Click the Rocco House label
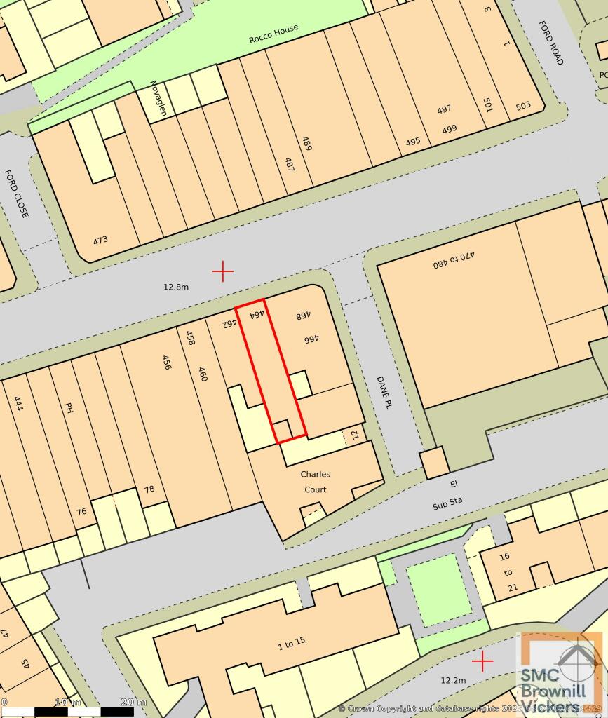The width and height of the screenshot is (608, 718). click(273, 34)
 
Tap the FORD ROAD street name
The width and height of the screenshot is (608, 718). click(550, 43)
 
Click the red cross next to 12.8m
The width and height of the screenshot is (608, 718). click(222, 271)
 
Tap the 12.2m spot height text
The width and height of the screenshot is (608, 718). click(453, 680)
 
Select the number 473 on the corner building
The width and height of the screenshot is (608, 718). click(100, 240)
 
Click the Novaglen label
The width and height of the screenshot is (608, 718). click(158, 99)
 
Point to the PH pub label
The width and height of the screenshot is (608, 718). click(69, 407)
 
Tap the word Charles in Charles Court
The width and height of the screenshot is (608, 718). click(315, 475)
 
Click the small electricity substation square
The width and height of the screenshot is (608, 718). click(434, 463)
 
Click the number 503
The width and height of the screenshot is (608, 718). click(522, 106)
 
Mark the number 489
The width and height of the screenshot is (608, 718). click(306, 143)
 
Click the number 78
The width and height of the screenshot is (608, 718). click(149, 489)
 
